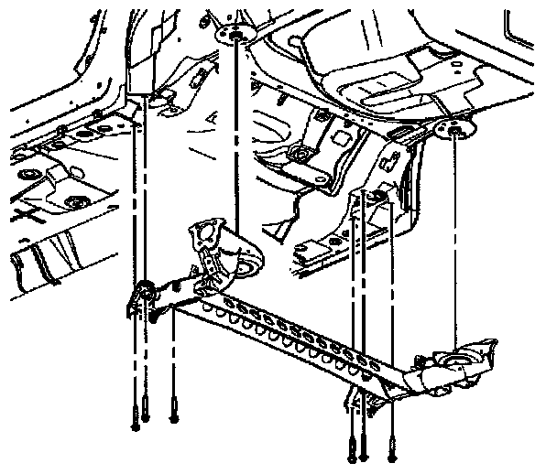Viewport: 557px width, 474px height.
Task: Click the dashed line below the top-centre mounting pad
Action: [236, 137]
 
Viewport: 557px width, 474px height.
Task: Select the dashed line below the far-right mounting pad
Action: [455, 238]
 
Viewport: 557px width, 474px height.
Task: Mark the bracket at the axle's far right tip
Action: [486, 352]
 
